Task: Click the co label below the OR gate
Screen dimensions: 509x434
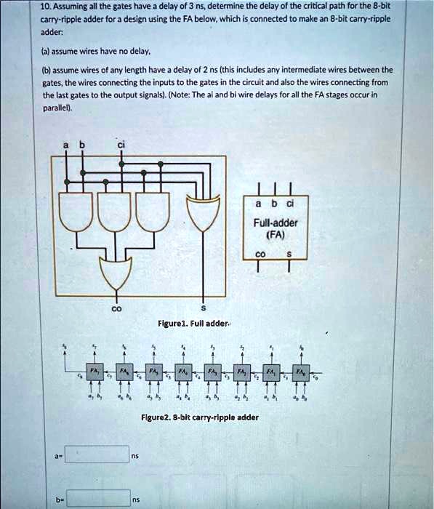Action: coord(113,308)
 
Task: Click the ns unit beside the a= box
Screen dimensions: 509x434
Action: coord(135,457)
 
